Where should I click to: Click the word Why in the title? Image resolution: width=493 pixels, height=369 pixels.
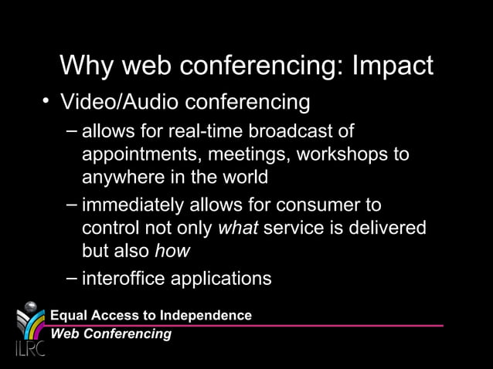(x=87, y=66)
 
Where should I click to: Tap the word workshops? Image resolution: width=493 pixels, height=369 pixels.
(x=345, y=154)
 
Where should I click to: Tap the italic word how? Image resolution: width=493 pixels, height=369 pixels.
(x=172, y=252)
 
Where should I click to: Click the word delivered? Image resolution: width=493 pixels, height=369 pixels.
(x=386, y=229)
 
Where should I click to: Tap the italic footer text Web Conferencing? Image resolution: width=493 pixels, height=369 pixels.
(x=110, y=333)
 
